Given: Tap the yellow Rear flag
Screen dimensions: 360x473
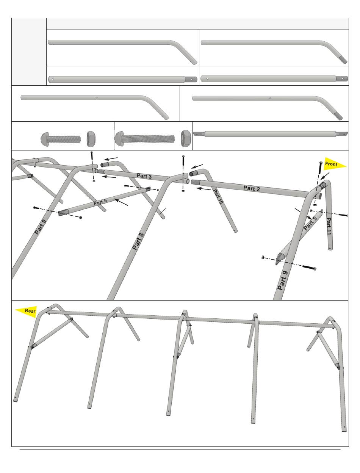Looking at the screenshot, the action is coord(27,311).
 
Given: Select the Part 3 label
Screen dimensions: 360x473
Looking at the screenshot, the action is coord(144,176).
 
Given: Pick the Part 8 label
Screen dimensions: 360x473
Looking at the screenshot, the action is coord(138,241).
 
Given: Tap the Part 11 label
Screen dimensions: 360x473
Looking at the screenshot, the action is coord(329,227).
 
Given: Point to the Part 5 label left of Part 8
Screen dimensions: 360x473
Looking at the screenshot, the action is coord(100,202).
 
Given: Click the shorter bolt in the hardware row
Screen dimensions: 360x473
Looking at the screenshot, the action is coord(61,138).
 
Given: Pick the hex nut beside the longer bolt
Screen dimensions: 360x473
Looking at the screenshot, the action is coord(186,137).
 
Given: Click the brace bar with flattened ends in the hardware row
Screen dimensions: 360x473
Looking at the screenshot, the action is coord(271,134).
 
